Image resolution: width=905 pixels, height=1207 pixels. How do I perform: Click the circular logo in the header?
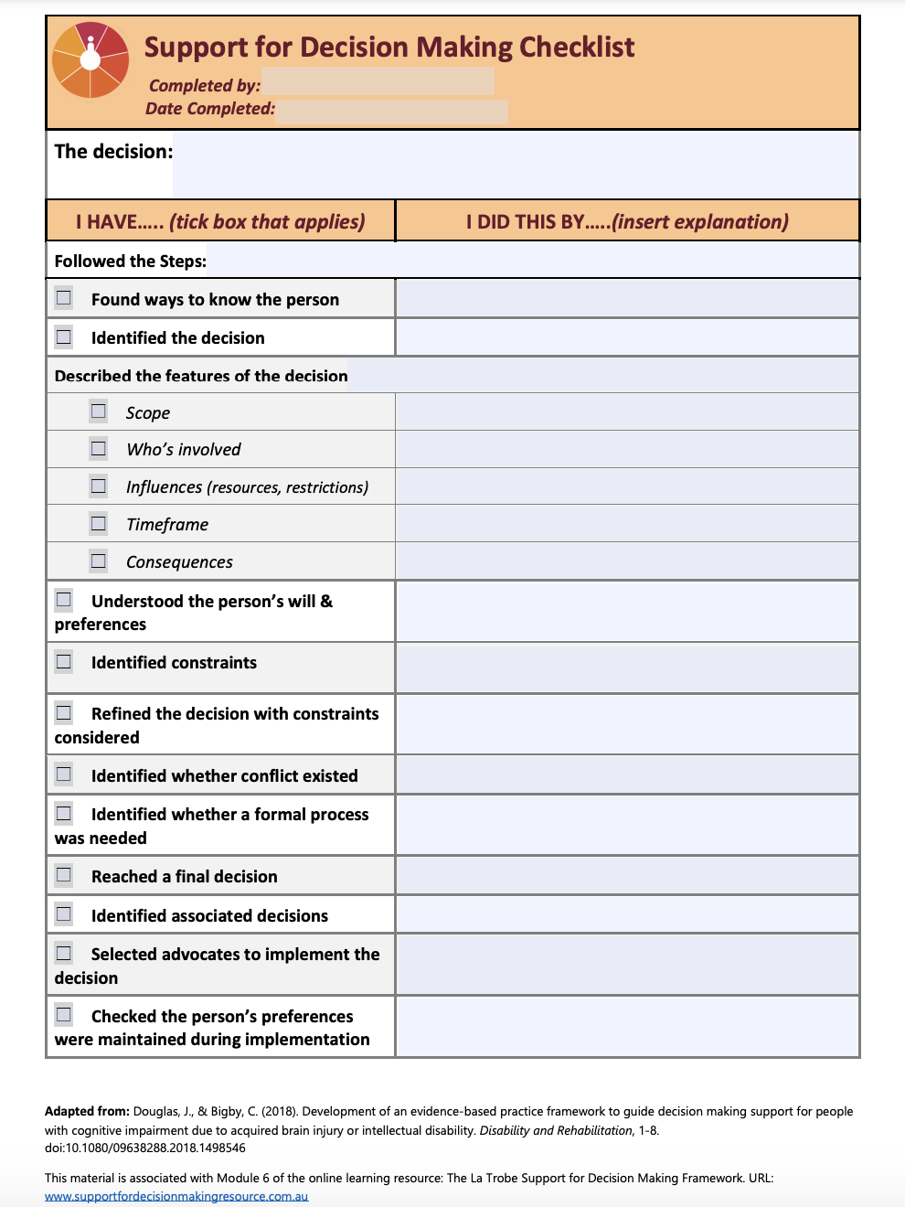pos(90,59)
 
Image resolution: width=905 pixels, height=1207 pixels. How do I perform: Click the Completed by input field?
pos(378,82)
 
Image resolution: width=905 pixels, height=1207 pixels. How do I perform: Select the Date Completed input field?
pos(391,111)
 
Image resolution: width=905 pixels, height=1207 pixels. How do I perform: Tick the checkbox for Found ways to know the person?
pos(64,298)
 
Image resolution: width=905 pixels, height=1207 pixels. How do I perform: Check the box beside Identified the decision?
pos(64,336)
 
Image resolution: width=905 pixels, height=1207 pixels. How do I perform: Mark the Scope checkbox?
pos(99,411)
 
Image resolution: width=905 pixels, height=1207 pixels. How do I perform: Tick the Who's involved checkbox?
pos(99,448)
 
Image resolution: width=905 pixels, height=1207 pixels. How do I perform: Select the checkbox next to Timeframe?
pos(99,523)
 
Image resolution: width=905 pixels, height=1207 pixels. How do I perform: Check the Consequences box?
pos(99,561)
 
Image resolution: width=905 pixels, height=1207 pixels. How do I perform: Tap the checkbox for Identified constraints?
pos(64,661)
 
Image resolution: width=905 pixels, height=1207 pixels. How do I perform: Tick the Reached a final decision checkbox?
pos(64,875)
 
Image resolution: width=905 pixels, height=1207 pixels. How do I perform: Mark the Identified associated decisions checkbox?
pos(64,913)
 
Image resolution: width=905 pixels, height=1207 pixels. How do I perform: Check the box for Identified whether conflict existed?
pos(64,774)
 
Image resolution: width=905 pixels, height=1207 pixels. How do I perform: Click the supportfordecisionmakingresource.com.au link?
pos(176,1196)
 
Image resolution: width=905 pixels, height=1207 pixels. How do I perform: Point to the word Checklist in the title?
pos(577,47)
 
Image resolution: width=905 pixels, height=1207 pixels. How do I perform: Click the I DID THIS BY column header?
pos(627,221)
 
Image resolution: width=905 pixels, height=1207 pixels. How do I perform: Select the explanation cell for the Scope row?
pos(627,412)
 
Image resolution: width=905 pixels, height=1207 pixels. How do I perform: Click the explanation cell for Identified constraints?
pos(627,668)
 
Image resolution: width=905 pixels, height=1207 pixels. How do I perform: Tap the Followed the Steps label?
pos(131,262)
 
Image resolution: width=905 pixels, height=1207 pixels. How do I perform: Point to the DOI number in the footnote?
pos(145,1148)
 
